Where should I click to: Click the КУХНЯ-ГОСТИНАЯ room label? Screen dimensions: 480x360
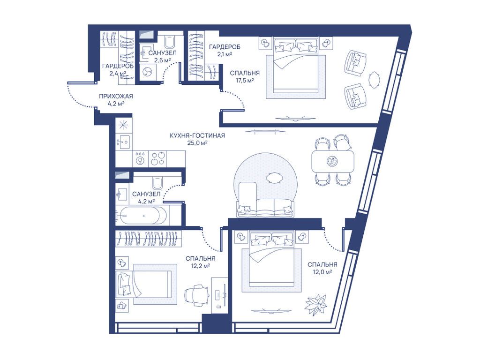(x=197, y=135)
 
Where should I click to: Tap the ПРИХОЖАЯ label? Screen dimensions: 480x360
(x=116, y=97)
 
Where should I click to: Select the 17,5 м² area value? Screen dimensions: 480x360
(x=245, y=81)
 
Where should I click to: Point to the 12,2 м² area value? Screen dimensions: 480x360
(x=200, y=266)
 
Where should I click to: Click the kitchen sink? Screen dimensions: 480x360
(x=124, y=142)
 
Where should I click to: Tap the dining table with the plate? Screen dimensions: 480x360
(x=332, y=161)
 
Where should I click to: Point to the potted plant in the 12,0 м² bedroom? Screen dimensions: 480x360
(x=315, y=303)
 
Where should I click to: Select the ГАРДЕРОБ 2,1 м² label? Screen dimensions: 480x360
(x=225, y=50)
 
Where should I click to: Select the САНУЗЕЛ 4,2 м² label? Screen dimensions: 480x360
(x=146, y=197)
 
